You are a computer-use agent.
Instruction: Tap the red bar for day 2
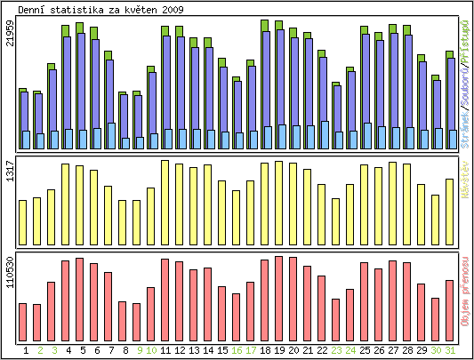(37, 316)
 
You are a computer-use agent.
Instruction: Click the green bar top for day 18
(265, 24)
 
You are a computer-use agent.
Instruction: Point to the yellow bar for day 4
(65, 204)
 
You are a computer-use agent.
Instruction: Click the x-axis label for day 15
(222, 351)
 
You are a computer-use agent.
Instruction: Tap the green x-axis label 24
(350, 351)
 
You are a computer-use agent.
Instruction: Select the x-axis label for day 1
(25, 351)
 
